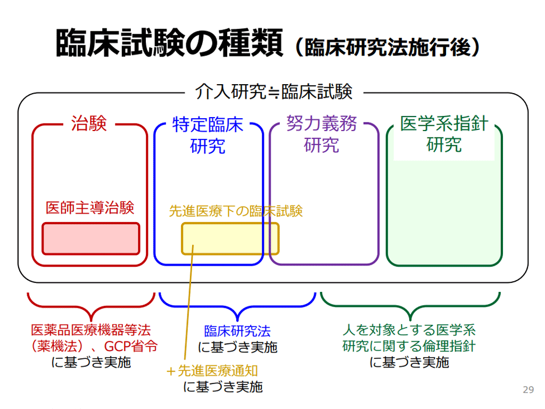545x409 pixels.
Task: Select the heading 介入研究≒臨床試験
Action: click(x=274, y=92)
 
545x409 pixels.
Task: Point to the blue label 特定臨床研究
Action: click(x=208, y=134)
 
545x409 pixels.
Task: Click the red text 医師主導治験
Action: click(x=89, y=208)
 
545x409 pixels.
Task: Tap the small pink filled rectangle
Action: click(x=90, y=238)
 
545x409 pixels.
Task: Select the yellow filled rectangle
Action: click(x=230, y=238)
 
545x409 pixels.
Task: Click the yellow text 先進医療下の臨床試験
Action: click(x=236, y=211)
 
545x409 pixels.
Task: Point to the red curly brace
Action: click(x=91, y=304)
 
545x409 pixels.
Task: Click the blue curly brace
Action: click(x=237, y=304)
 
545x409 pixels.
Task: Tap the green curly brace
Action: click(x=410, y=304)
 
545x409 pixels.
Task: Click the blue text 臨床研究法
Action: click(x=237, y=331)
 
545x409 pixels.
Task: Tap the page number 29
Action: click(x=528, y=390)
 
